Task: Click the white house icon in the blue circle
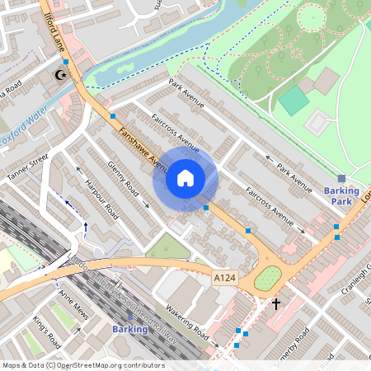click(185, 178)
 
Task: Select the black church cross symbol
click(275, 304)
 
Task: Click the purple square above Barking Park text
click(341, 178)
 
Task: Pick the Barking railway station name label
click(129, 329)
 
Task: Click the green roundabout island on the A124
click(267, 279)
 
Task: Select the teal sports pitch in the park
click(294, 101)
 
